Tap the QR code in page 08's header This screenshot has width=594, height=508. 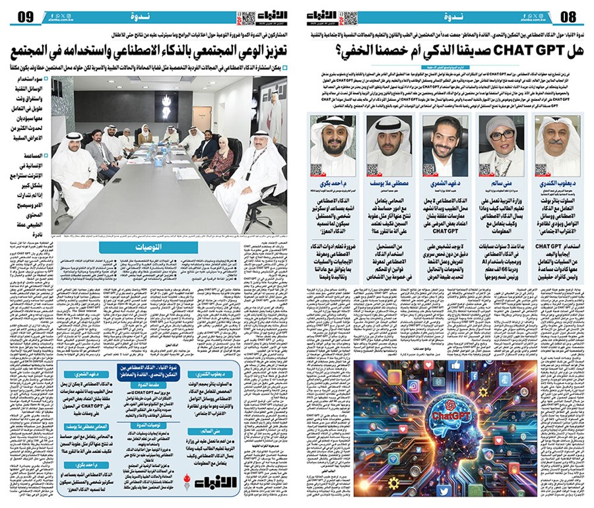350,18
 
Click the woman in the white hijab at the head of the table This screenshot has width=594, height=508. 145,135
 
